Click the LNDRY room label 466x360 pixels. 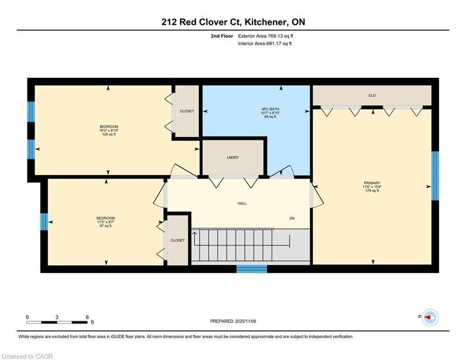(233, 157)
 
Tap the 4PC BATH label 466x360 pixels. (270, 109)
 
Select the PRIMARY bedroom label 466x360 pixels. (372, 183)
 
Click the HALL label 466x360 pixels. (242, 203)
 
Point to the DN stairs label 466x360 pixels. (292, 218)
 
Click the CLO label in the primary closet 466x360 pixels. (372, 96)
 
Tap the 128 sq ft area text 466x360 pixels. (109, 135)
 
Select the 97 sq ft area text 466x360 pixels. (105, 226)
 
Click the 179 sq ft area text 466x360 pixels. (372, 191)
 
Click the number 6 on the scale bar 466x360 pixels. (88, 317)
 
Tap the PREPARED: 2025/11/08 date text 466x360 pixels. (233, 321)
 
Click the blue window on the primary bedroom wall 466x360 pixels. (435, 176)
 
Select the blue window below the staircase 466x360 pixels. (251, 269)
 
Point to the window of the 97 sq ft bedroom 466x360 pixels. (44, 222)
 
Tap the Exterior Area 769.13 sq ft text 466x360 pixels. (266, 36)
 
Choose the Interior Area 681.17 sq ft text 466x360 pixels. (265, 44)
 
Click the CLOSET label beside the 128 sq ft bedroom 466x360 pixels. (187, 111)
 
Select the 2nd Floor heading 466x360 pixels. (222, 36)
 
